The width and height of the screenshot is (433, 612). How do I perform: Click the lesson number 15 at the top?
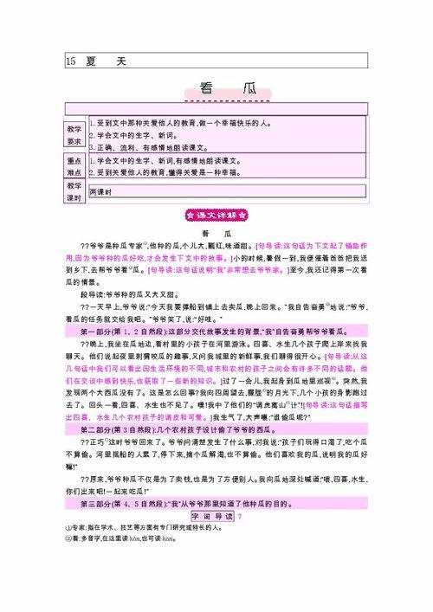(70, 61)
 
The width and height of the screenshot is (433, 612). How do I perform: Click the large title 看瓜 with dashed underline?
(216, 87)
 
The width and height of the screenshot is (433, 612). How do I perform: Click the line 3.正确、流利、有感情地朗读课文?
(147, 148)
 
